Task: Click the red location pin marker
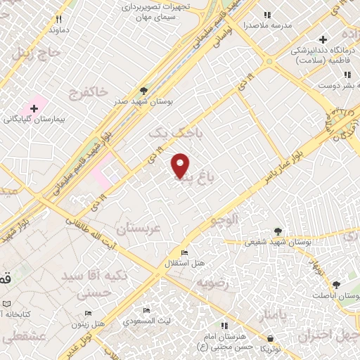pyautogui.click(x=181, y=165)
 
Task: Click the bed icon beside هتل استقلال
pyautogui.click(x=185, y=253)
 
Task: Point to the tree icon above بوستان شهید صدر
pyautogui.click(x=143, y=91)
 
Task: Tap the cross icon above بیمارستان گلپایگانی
pyautogui.click(x=33, y=108)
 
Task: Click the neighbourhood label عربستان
pyautogui.click(x=138, y=229)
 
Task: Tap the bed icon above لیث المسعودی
pyautogui.click(x=147, y=310)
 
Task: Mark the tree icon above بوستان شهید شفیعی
pyautogui.click(x=278, y=231)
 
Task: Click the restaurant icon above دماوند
pyautogui.click(x=59, y=19)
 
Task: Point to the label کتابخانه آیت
pyautogui.click(x=18, y=313)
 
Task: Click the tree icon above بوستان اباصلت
pyautogui.click(x=335, y=285)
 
